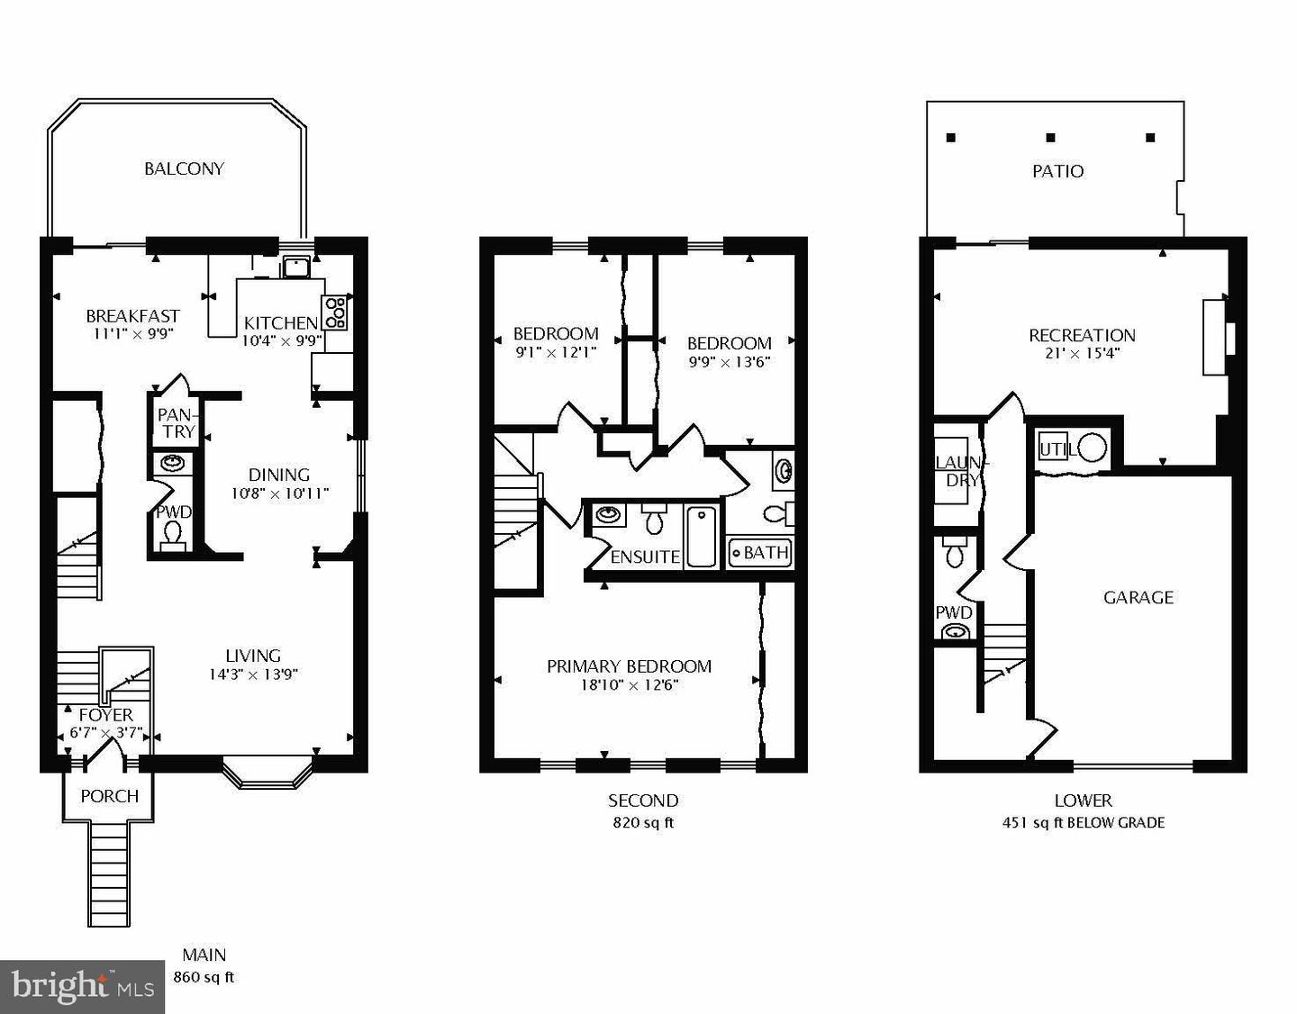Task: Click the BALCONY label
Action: pos(184,168)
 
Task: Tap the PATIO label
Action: pos(1057,172)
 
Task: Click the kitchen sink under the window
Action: pos(295,267)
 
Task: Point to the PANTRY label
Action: pos(176,423)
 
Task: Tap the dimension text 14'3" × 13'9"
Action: pos(253,674)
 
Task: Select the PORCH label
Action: pos(109,796)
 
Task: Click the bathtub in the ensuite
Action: pos(702,536)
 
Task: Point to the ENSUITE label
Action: pos(645,557)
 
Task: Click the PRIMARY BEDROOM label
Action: pos(629,666)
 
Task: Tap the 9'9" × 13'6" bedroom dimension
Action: pos(730,363)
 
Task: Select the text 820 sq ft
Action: pos(643,823)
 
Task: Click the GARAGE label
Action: pos(1138,598)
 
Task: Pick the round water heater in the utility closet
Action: pos(1093,448)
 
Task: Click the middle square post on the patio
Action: pos(1050,138)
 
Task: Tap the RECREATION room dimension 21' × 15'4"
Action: pos(1082,353)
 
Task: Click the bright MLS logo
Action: pos(82,987)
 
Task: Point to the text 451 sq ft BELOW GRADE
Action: pos(1084,823)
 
